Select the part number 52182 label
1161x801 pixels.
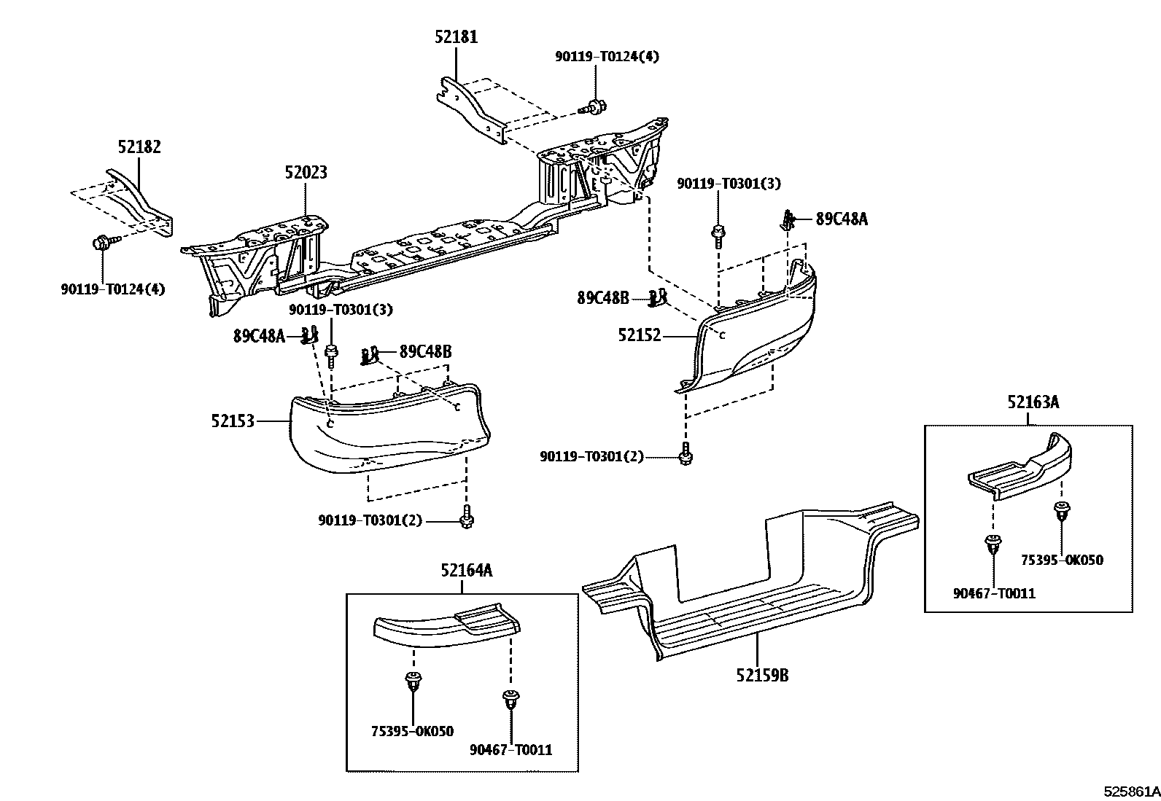[x=139, y=146]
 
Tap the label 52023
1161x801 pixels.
[x=306, y=173]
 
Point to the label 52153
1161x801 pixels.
[x=233, y=421]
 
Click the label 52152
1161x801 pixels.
[x=640, y=335]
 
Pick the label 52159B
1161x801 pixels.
[x=761, y=676]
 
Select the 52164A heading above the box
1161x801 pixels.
[x=466, y=571]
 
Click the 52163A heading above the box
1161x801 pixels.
[x=1033, y=402]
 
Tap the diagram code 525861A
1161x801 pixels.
[x=1130, y=790]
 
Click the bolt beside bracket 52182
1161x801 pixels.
[x=101, y=243]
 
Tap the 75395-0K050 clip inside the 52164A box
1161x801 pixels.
[x=413, y=682]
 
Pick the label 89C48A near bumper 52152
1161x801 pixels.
[x=842, y=219]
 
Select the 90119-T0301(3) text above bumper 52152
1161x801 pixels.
[x=728, y=184]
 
